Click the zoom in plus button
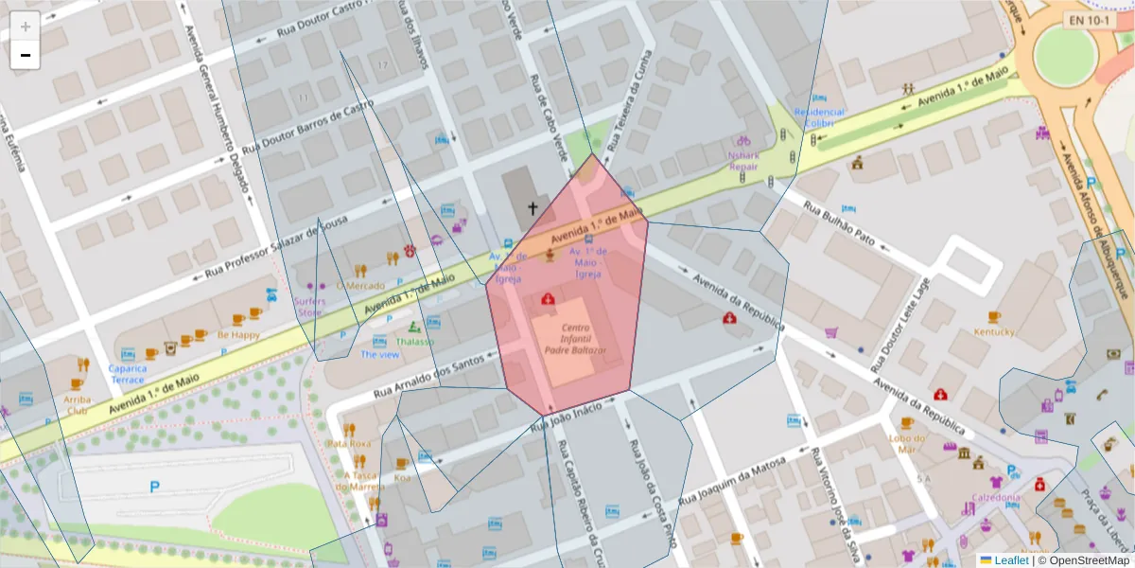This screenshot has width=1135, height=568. coord(26,27)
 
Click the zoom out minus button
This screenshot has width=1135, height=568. coord(26,55)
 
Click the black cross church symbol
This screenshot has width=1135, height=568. coord(533,208)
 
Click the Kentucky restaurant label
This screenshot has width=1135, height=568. coord(994,331)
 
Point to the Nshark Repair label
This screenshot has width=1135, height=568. coord(742,160)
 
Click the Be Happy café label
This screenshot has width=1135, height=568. coord(238,334)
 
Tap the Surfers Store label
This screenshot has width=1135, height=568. coord(310,307)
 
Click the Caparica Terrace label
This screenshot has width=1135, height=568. coord(127,373)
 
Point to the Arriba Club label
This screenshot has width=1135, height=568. coord(78,404)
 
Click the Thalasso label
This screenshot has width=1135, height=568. coord(415,341)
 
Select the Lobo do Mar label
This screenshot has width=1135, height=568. coord(905,443)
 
